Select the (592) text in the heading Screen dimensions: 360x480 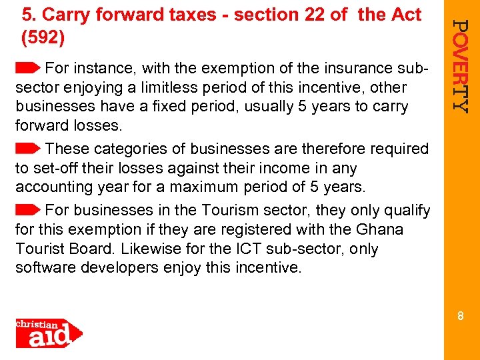43,38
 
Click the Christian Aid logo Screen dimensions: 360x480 48,333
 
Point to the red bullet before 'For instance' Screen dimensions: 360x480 29,67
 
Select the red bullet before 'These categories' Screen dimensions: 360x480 29,148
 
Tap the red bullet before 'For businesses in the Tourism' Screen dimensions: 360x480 29,209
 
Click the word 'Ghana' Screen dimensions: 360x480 381,229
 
